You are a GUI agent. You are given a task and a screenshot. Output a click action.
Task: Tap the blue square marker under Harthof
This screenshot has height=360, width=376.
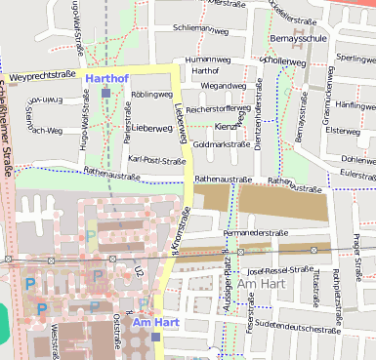105,93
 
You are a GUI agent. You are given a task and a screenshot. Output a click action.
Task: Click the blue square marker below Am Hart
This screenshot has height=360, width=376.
155,337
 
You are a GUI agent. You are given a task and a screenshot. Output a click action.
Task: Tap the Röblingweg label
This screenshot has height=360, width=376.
150,95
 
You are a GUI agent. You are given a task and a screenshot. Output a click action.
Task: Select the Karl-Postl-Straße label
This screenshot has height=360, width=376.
157,160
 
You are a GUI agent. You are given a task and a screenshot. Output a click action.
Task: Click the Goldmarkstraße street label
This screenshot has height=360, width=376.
222,144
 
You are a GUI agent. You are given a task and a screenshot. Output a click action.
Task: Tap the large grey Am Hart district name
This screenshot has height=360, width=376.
262,284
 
